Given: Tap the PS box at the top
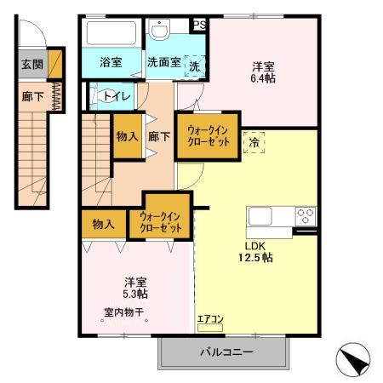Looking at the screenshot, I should pyautogui.click(x=198, y=25).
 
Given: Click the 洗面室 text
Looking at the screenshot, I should pyautogui.click(x=162, y=62).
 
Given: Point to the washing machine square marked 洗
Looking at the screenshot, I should pyautogui.click(x=194, y=66).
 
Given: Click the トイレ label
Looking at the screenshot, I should pyautogui.click(x=117, y=95).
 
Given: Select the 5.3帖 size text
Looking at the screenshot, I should pyautogui.click(x=134, y=293).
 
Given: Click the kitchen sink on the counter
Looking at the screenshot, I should pyautogui.click(x=260, y=216).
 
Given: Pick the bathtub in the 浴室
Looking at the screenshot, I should pyautogui.click(x=110, y=35).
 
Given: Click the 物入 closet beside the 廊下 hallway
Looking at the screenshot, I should pyautogui.click(x=127, y=136).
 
